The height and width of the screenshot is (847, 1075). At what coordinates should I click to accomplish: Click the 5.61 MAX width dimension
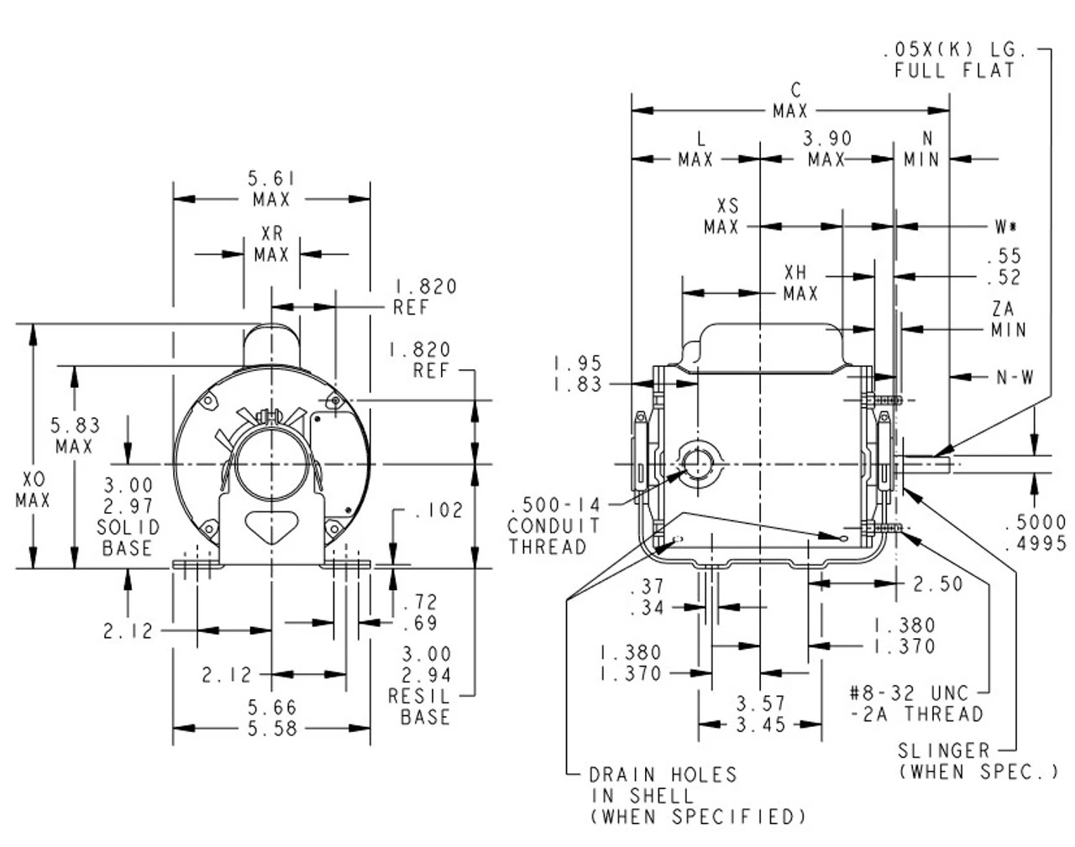click(271, 189)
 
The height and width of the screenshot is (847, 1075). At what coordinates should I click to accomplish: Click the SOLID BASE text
click(128, 537)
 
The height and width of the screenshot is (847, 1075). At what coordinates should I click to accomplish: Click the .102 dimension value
click(439, 510)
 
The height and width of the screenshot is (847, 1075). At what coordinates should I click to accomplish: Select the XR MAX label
click(271, 244)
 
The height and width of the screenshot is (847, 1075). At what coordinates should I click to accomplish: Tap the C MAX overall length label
click(791, 100)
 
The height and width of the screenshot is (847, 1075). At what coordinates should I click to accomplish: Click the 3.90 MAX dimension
click(827, 149)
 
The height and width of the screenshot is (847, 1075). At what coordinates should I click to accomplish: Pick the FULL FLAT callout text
click(954, 71)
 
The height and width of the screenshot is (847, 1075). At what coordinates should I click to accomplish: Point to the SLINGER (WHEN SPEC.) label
click(978, 761)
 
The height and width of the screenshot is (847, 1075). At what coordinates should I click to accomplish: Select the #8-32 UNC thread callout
click(914, 703)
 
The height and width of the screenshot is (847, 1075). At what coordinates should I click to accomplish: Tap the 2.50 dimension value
click(938, 583)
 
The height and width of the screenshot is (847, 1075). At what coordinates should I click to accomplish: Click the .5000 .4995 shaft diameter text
click(1035, 533)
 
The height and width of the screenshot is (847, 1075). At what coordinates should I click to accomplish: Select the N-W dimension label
click(1015, 378)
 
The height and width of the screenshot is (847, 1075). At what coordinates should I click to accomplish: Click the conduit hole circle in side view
click(695, 464)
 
